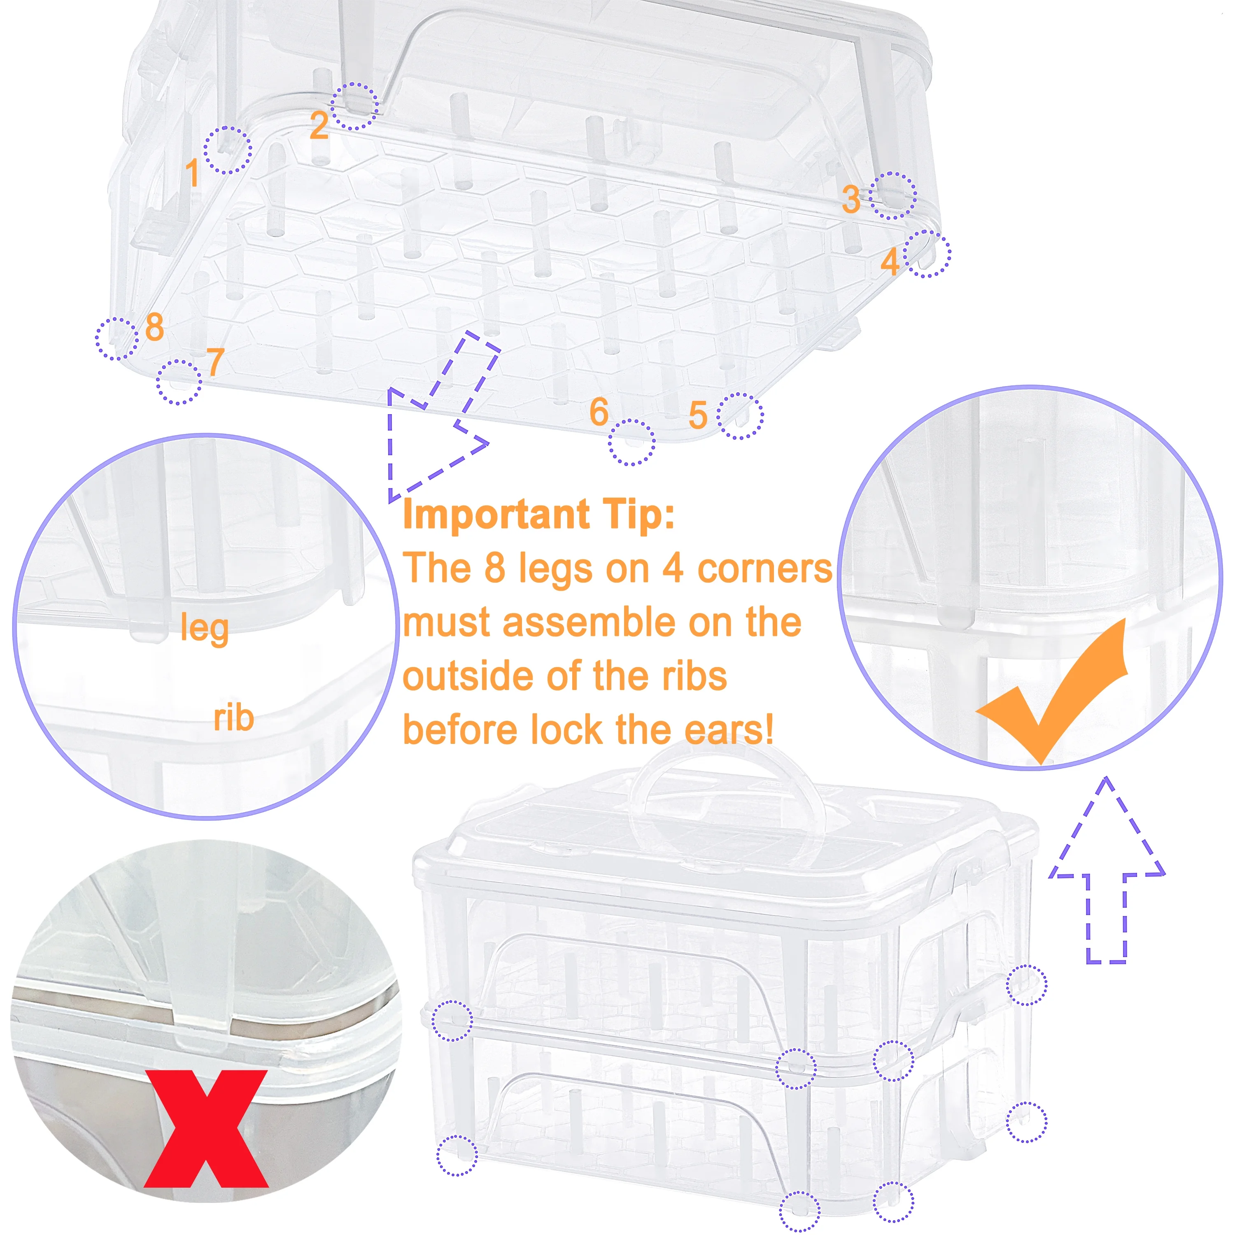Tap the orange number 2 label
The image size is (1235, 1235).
coord(319,125)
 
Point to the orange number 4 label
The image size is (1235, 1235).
coord(890,261)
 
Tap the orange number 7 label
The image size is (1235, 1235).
coord(215,362)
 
